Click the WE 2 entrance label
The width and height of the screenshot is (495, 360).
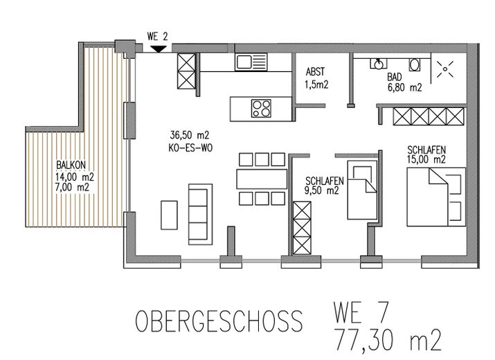click(x=158, y=35)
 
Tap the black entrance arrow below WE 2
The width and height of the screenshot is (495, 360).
click(x=158, y=48)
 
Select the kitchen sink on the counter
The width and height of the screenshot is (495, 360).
click(x=247, y=62)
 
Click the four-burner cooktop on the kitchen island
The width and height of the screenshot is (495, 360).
click(x=260, y=108)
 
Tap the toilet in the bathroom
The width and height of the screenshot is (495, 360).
click(x=415, y=64)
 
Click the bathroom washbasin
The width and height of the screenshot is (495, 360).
click(x=378, y=64)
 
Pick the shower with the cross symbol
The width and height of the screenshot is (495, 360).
click(x=443, y=70)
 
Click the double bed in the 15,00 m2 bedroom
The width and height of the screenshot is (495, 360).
click(x=433, y=196)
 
